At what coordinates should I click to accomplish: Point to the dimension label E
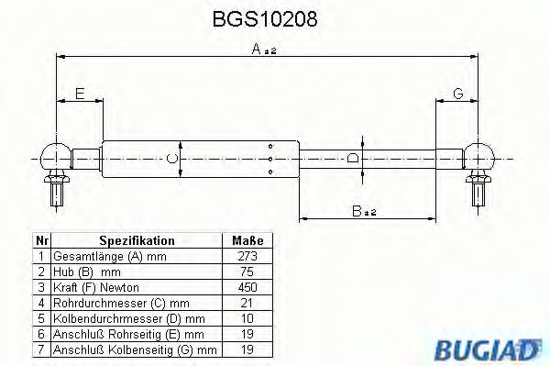click(80, 94)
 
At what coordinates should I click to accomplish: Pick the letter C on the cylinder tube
click(171, 158)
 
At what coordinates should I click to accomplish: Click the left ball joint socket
click(56, 153)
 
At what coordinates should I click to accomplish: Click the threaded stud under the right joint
click(478, 190)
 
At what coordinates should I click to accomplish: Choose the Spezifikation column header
click(136, 240)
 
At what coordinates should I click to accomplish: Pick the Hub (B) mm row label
click(87, 272)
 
